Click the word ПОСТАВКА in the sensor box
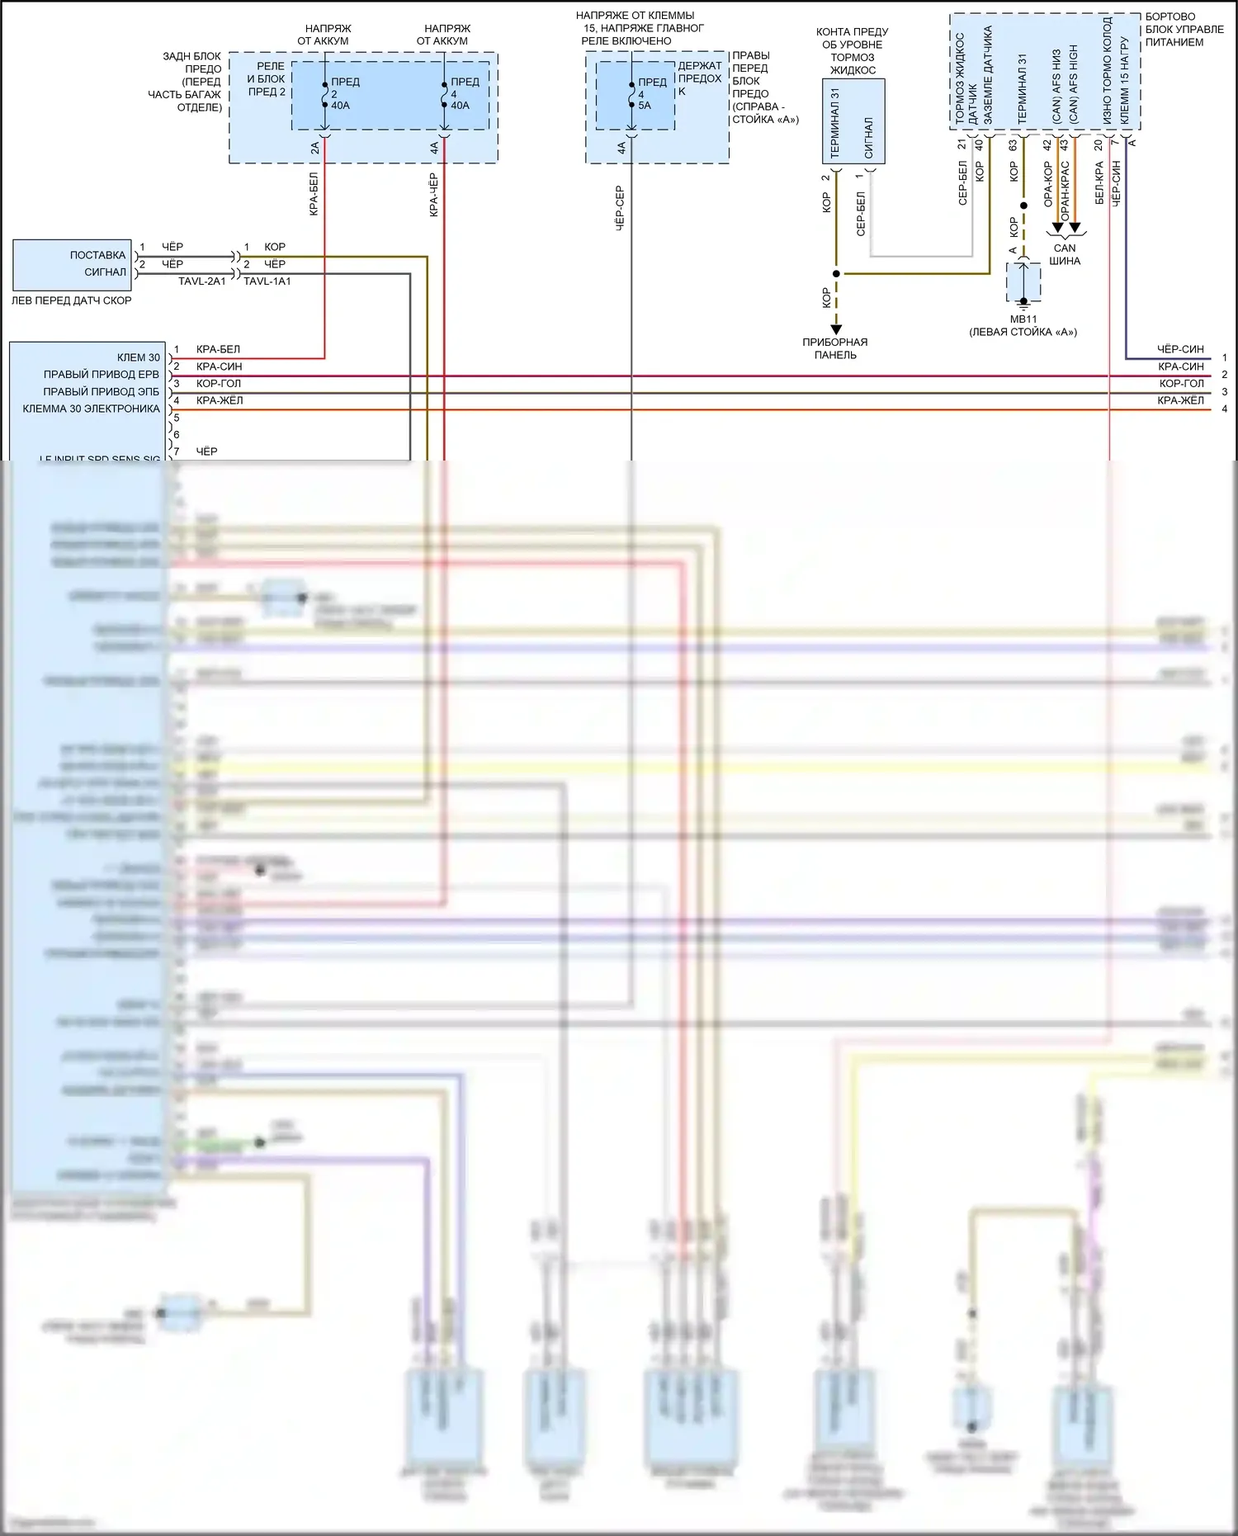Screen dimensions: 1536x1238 (x=97, y=255)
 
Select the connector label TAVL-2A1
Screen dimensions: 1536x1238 (x=201, y=281)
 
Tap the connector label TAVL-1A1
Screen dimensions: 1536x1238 (x=267, y=281)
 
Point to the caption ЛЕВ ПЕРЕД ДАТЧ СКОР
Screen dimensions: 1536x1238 (x=71, y=300)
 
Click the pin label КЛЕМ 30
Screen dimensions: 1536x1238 (x=139, y=357)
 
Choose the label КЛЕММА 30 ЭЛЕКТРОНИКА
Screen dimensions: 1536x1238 (x=91, y=409)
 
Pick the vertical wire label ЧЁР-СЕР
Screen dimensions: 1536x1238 (x=620, y=207)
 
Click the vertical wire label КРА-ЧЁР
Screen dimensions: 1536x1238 (x=434, y=195)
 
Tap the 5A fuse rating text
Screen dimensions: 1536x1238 (x=645, y=106)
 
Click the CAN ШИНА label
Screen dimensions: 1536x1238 (x=1065, y=254)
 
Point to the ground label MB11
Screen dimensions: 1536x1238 (x=1023, y=319)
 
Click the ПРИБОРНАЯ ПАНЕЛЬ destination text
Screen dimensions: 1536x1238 (x=835, y=348)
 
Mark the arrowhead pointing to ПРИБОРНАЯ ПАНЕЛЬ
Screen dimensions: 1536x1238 (x=836, y=329)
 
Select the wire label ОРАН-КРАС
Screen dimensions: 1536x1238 (x=1066, y=191)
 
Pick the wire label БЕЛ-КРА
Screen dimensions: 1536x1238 (x=1099, y=183)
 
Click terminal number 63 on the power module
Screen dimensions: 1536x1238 (x=1013, y=145)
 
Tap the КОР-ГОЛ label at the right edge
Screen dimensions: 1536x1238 (x=1181, y=384)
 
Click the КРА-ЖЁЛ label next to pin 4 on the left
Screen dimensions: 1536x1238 (x=220, y=401)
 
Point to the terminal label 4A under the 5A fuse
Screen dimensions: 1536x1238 (x=621, y=149)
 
